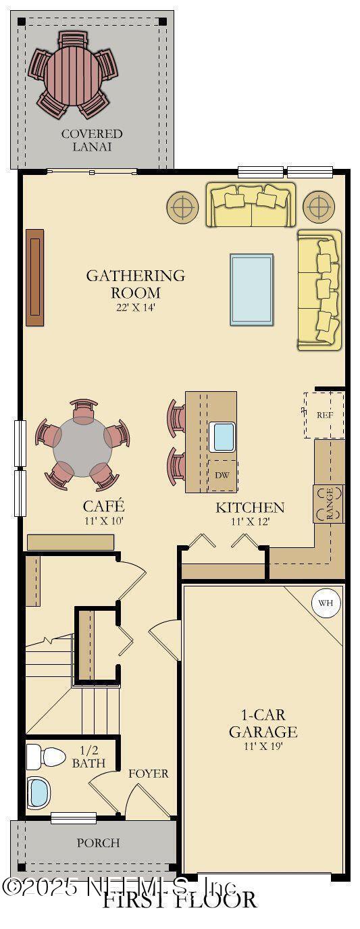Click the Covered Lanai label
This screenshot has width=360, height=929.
(x=92, y=140)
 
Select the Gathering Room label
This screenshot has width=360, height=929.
(x=135, y=284)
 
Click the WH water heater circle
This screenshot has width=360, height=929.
(x=326, y=603)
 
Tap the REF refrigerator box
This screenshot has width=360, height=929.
(x=326, y=415)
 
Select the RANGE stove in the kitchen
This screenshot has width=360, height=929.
(x=328, y=504)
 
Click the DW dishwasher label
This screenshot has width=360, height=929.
(x=222, y=475)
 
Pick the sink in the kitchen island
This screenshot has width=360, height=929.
(x=223, y=436)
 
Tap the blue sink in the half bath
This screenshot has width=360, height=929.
(x=39, y=793)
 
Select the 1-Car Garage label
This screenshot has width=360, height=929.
(x=263, y=724)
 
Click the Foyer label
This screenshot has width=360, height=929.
(x=149, y=774)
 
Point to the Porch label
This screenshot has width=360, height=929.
(x=98, y=843)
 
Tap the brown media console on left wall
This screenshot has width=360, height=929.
(x=34, y=277)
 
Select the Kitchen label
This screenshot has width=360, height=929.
(x=250, y=507)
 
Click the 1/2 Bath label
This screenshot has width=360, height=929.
(x=89, y=757)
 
